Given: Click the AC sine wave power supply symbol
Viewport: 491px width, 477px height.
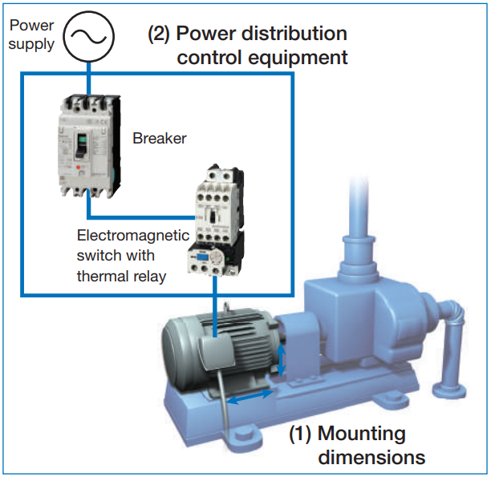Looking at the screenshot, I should point(88,34).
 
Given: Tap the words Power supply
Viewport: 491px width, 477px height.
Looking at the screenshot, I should point(32,34).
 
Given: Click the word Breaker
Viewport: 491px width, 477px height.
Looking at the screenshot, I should point(159,138).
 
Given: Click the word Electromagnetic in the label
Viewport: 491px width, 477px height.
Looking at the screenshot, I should point(132,236).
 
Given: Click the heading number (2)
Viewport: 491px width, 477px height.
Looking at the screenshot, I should point(159,34).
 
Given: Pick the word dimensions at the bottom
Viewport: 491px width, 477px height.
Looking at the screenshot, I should point(371,458).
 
